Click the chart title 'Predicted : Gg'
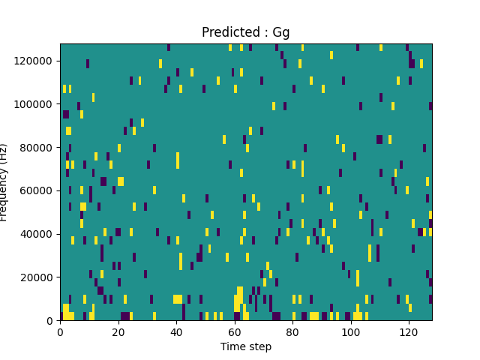[246, 32]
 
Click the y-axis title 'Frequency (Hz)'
[4, 182]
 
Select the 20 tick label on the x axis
[118, 331]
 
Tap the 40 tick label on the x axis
[176, 331]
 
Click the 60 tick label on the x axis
[234, 331]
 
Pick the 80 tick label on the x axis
[292, 331]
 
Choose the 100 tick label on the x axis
[350, 331]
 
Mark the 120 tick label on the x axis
[409, 331]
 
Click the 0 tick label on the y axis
[51, 321]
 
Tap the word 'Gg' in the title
[281, 33]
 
